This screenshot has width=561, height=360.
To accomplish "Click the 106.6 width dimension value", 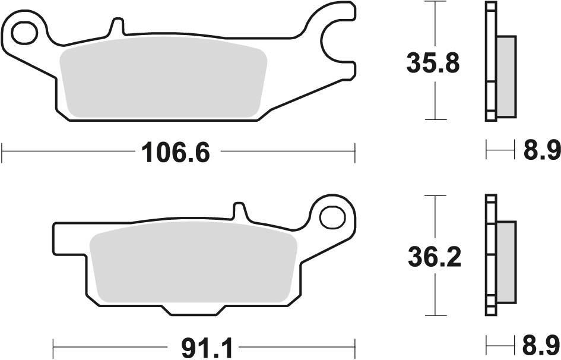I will (175, 153).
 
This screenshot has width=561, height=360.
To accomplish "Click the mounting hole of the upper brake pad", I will (24, 32).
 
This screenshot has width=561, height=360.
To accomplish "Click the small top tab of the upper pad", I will (117, 27).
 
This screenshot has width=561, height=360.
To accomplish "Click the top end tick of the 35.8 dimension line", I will (436, 2).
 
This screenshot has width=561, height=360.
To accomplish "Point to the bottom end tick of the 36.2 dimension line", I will (436, 315).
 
